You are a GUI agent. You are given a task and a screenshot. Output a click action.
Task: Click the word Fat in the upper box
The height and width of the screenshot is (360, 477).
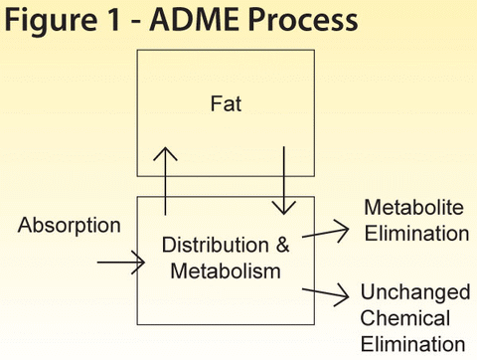[225, 102]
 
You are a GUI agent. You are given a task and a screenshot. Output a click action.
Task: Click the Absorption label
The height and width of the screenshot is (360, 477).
[70, 226]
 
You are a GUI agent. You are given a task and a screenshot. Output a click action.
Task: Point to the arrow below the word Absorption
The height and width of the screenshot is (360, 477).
[120, 264]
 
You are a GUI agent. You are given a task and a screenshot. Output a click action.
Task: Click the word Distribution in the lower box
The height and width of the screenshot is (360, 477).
[214, 245]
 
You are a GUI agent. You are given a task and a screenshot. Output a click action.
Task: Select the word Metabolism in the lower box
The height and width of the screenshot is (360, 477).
[225, 270]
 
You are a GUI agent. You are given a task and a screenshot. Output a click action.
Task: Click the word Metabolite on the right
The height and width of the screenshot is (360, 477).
[410, 209]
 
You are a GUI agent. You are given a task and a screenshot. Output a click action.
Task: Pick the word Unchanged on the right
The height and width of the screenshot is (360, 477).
[414, 295]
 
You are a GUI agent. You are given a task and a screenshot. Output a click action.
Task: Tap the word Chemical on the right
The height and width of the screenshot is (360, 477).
[405, 319]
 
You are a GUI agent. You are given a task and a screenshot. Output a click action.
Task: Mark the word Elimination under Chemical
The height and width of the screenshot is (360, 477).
[412, 344]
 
